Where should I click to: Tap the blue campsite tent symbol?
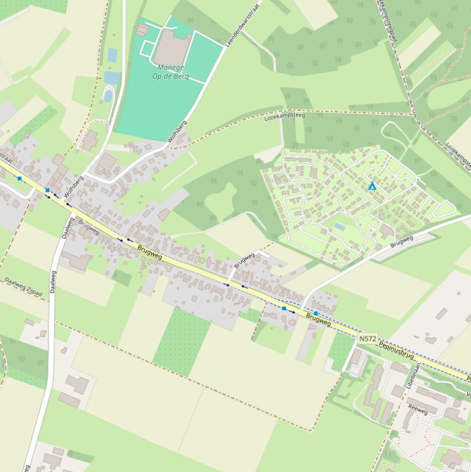tap(371, 186)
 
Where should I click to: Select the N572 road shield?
tap(368, 338)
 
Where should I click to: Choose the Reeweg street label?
tap(418, 410)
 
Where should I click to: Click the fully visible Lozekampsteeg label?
tap(284, 115)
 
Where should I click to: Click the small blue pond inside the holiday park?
tap(339, 227)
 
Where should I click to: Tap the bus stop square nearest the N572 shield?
tap(315, 313)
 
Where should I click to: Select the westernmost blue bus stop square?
tap(20, 178)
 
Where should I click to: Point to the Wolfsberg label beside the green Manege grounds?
tap(177, 131)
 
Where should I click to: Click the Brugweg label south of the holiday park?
tap(401, 241)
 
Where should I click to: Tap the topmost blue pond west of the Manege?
tap(112, 55)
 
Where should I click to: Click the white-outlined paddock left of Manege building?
tap(149, 47)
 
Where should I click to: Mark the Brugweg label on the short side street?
tap(244, 261)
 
